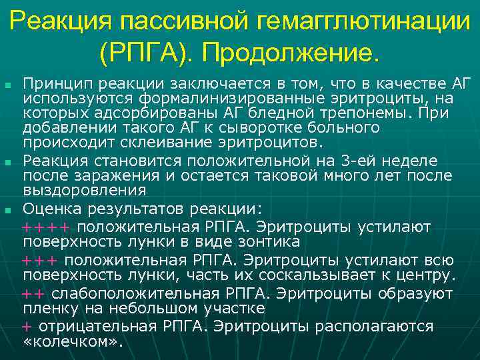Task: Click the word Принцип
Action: (x=53, y=83)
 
